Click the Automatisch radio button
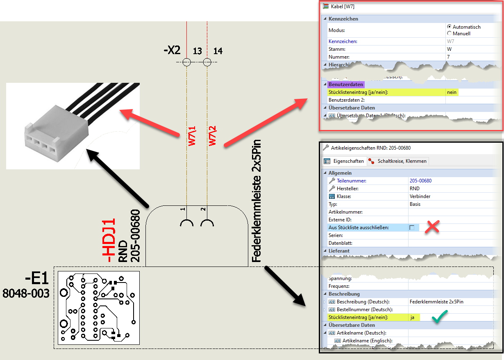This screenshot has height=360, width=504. tap(450, 27)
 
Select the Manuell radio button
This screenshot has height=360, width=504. tap(450, 33)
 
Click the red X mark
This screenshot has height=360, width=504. tap(432, 227)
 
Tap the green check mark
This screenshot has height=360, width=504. tap(439, 317)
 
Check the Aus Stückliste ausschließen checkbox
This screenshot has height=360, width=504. tap(412, 227)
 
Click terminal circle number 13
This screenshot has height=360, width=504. tap(187, 62)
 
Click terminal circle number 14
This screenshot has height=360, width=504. tap(207, 62)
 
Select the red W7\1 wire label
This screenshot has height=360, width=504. tap(192, 135)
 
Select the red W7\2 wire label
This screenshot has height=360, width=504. tap(212, 135)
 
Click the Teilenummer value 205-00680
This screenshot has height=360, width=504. tap(420, 180)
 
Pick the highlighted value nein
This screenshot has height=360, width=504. tap(452, 92)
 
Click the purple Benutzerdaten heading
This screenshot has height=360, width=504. tap(345, 84)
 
